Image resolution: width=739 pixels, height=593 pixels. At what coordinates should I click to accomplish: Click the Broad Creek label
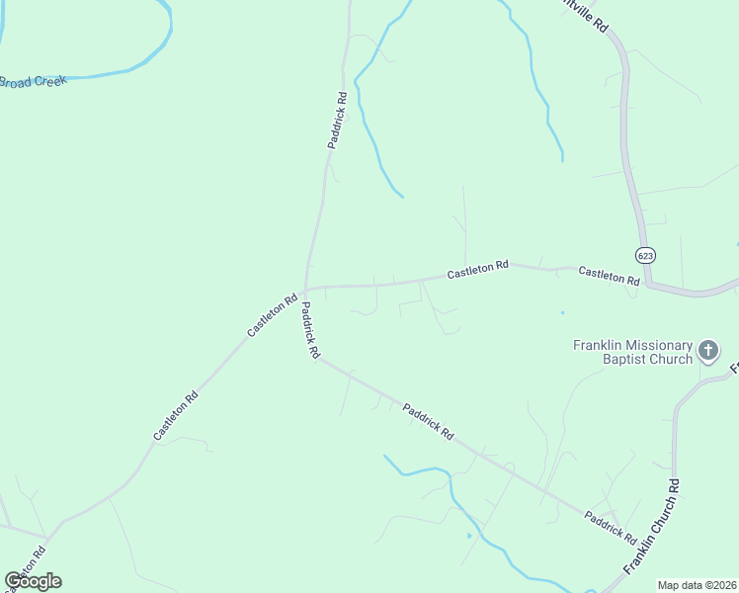[32, 81]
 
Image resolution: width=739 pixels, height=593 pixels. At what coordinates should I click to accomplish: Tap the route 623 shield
[645, 255]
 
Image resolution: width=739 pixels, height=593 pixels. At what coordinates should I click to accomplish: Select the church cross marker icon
[707, 350]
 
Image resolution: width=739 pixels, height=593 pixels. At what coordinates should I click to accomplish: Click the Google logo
[33, 581]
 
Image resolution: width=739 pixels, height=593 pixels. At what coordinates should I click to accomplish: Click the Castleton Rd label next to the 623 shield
[609, 276]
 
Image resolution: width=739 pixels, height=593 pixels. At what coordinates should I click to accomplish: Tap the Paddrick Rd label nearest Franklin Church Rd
[610, 526]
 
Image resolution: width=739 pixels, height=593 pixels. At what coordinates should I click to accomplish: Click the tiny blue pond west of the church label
[562, 313]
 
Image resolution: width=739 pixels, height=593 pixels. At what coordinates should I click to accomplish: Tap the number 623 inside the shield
[645, 255]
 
